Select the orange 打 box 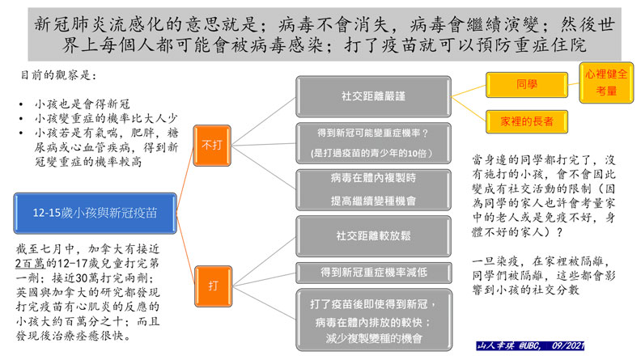(213, 285)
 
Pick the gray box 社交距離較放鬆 (362, 237)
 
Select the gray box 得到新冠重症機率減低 (362, 273)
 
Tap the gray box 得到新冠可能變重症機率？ (362, 132)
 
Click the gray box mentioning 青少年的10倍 (362, 153)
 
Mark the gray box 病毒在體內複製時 (362, 178)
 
